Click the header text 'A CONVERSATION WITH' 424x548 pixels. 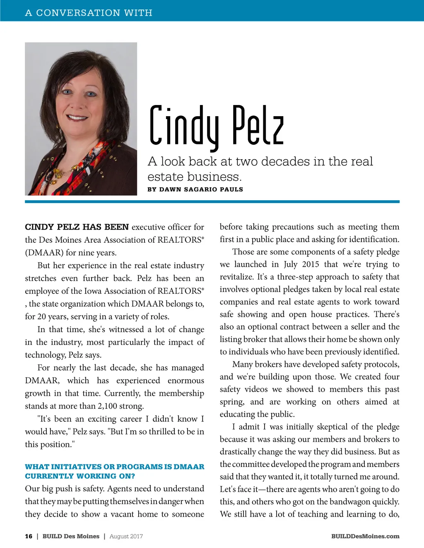[x=89, y=13]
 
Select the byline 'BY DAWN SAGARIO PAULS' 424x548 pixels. [x=195, y=189]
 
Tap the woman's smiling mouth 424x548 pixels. [x=77, y=117]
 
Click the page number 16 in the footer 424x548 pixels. [x=29, y=536]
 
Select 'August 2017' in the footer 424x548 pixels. [x=126, y=536]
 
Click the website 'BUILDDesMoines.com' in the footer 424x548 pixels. [x=365, y=536]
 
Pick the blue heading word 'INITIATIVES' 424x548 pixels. [x=76, y=467]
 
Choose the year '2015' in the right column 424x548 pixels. [x=311, y=264]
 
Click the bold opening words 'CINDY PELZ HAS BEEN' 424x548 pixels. [x=77, y=227]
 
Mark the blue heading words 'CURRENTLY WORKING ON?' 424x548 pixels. [x=80, y=476]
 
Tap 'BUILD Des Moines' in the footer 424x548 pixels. [x=71, y=536]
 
